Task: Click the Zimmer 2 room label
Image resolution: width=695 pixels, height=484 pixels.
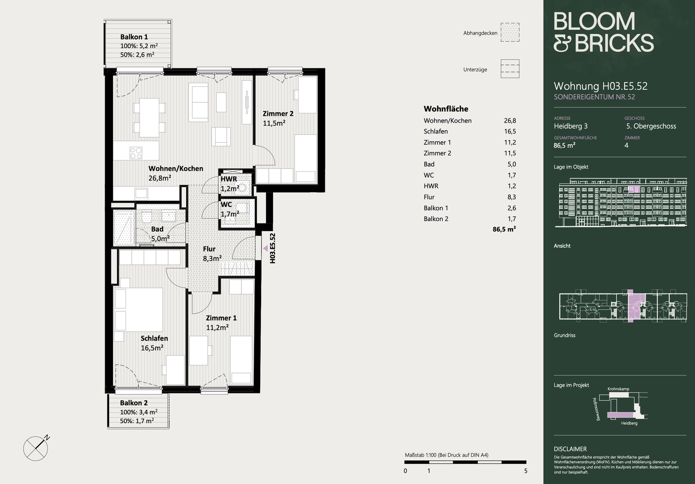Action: click(278, 113)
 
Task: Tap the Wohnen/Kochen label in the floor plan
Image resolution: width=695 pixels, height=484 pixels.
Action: click(176, 168)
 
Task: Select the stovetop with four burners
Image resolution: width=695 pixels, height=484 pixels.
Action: click(136, 152)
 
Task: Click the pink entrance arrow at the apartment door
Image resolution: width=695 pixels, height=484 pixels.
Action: click(265, 248)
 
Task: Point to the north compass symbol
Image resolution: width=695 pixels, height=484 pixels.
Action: click(36, 448)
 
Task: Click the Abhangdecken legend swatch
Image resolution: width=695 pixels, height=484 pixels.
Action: click(510, 32)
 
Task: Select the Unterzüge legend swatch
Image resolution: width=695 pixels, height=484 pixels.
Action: click(510, 69)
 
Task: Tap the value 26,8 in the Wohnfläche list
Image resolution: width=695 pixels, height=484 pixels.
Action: click(510, 121)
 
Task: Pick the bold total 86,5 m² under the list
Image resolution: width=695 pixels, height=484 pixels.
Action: click(504, 229)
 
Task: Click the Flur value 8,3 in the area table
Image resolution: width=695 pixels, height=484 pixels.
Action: click(512, 197)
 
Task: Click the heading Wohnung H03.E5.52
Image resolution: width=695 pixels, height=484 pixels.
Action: click(601, 86)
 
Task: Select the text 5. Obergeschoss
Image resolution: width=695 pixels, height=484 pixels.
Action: click(651, 126)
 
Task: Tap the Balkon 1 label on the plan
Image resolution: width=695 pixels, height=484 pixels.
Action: click(134, 37)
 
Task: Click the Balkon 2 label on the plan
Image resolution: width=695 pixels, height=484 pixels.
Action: click(134, 403)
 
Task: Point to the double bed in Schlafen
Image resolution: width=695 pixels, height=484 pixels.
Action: click(139, 309)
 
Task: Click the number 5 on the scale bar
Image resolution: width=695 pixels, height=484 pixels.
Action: click(526, 471)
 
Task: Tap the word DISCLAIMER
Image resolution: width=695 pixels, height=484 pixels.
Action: click(570, 449)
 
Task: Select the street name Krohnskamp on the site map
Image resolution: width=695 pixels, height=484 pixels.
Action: click(618, 389)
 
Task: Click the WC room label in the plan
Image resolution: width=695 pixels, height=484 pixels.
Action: click(226, 205)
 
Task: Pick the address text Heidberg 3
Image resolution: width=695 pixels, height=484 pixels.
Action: click(570, 126)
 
